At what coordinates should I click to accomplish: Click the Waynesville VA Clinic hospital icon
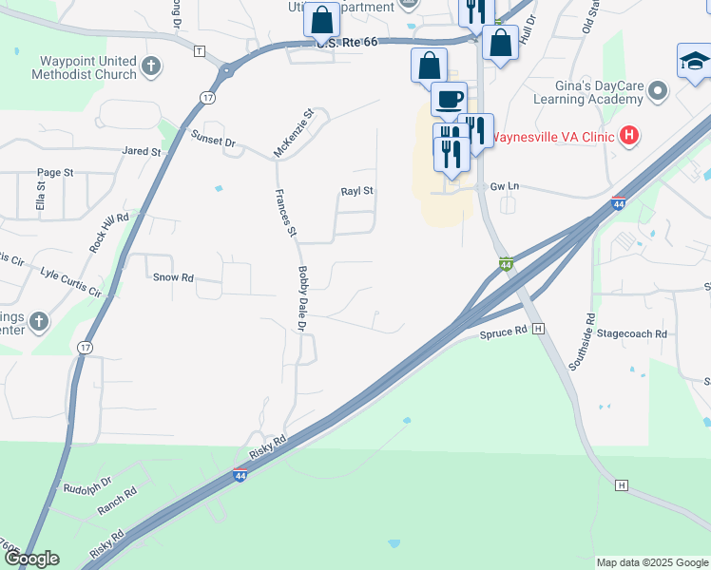point(628,136)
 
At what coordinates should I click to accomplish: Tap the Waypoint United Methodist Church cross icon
point(152,66)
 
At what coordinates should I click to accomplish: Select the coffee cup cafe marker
point(449,98)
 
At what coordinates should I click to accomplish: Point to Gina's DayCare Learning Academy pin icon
point(657,91)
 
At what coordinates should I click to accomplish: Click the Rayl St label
point(357,191)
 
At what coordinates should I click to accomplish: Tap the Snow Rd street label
point(173,278)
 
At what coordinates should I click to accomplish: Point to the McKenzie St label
point(293,133)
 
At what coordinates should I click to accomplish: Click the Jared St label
point(143,151)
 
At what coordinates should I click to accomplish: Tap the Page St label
point(55,172)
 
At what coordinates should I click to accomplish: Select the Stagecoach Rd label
point(632,334)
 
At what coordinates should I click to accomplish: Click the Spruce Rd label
point(503,332)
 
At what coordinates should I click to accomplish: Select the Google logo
point(30,559)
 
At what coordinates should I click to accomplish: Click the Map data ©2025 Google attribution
point(651,562)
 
